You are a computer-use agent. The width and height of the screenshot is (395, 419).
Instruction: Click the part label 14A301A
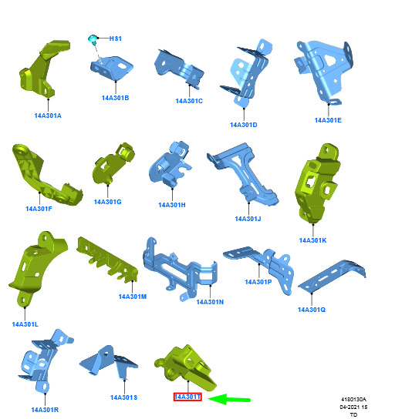(x=48, y=116)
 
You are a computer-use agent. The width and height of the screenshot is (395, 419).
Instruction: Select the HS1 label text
(x=116, y=39)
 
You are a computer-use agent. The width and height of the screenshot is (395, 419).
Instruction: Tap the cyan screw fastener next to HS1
(x=93, y=39)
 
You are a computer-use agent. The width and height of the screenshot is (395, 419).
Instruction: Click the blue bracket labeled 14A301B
(x=112, y=68)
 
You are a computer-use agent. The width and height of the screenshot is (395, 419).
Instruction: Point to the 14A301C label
(x=189, y=101)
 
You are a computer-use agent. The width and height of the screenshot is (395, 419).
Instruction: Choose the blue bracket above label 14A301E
(x=323, y=72)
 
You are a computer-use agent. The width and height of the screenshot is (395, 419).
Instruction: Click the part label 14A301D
(x=244, y=125)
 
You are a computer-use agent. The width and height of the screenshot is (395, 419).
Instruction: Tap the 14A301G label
(x=107, y=202)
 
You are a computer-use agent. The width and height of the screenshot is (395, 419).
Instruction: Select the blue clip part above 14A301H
(x=170, y=164)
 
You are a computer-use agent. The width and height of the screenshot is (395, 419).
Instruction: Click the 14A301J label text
(x=248, y=219)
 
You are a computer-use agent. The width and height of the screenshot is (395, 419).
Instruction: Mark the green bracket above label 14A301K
(x=317, y=184)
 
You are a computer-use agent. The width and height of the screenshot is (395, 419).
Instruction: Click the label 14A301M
(x=133, y=297)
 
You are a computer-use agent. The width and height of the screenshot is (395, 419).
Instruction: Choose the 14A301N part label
(x=210, y=302)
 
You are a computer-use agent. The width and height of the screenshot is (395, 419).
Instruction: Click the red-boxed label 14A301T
(x=187, y=397)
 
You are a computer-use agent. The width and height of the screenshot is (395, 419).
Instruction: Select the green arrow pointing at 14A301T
(x=229, y=400)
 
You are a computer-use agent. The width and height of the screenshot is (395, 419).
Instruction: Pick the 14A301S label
(x=124, y=397)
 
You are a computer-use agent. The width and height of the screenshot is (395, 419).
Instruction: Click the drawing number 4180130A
(x=353, y=400)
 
